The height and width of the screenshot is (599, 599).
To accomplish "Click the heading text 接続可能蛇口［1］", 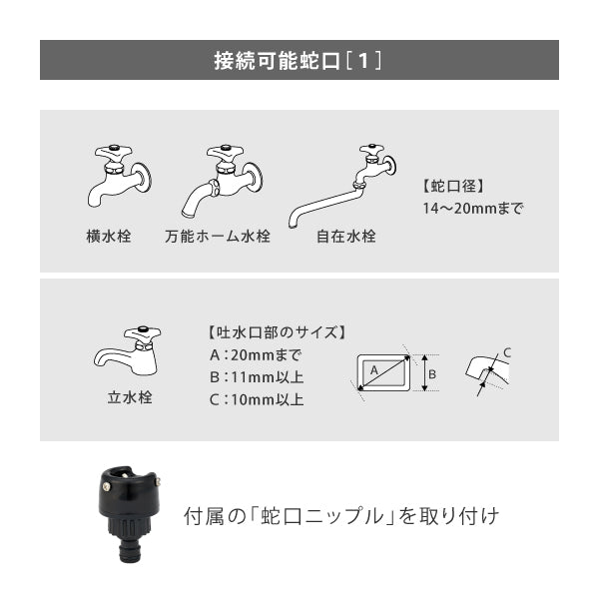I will click(x=299, y=60).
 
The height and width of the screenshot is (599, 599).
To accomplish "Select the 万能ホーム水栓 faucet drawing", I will click(x=222, y=179).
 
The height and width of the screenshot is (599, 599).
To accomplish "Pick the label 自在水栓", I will click(x=345, y=238).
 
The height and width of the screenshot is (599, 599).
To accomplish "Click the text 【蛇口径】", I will click(x=453, y=187).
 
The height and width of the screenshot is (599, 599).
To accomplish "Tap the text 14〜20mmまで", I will click(x=473, y=210).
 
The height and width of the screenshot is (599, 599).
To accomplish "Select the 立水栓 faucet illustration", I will click(x=127, y=350).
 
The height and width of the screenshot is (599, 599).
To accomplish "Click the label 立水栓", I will click(x=130, y=397).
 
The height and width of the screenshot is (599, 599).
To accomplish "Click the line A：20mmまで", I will click(x=256, y=355).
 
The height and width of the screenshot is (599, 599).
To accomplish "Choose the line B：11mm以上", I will click(x=256, y=377).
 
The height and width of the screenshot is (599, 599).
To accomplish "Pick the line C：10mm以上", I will click(x=256, y=400).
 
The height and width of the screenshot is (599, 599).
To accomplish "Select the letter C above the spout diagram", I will click(x=507, y=351).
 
